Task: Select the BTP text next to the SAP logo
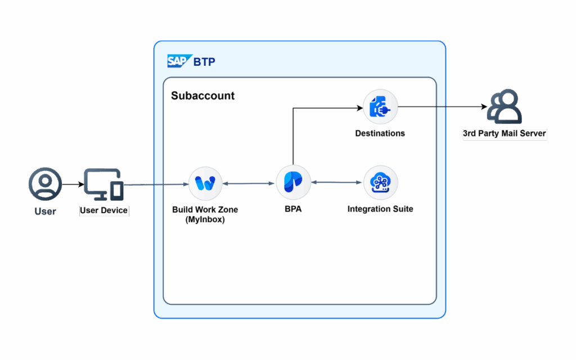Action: coord(204,62)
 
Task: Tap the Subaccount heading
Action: coord(202,96)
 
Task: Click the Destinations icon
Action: coord(380,106)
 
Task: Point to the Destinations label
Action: coord(380,133)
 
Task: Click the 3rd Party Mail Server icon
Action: coord(505,106)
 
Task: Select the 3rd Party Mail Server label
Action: coord(505,133)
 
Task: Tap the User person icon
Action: coord(45,184)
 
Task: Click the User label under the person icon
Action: coord(45,211)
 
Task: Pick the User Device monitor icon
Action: coord(103,184)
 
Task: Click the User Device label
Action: coord(103,210)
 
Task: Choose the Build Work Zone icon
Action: coord(205,183)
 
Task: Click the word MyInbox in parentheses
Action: coord(205,220)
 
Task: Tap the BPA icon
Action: coord(293,182)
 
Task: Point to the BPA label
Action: coord(293,209)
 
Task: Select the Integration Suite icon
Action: coord(381,182)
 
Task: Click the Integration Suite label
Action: coord(380,209)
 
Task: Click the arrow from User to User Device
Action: coord(73,184)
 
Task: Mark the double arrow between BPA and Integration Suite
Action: coord(337,182)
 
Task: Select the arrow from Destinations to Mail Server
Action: coord(443,107)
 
